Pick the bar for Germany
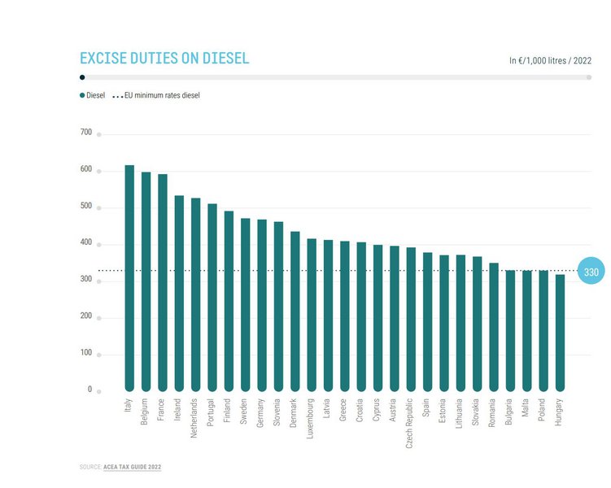point(262,305)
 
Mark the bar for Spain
point(427,321)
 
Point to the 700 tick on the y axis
point(86,132)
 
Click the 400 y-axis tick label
point(86,242)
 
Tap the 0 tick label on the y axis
point(90,390)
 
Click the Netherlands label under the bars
point(195,418)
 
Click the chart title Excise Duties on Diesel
point(164,59)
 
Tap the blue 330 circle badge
point(591,272)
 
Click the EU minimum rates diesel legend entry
point(156,95)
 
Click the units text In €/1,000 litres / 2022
point(550,60)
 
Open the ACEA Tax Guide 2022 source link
point(137,468)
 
